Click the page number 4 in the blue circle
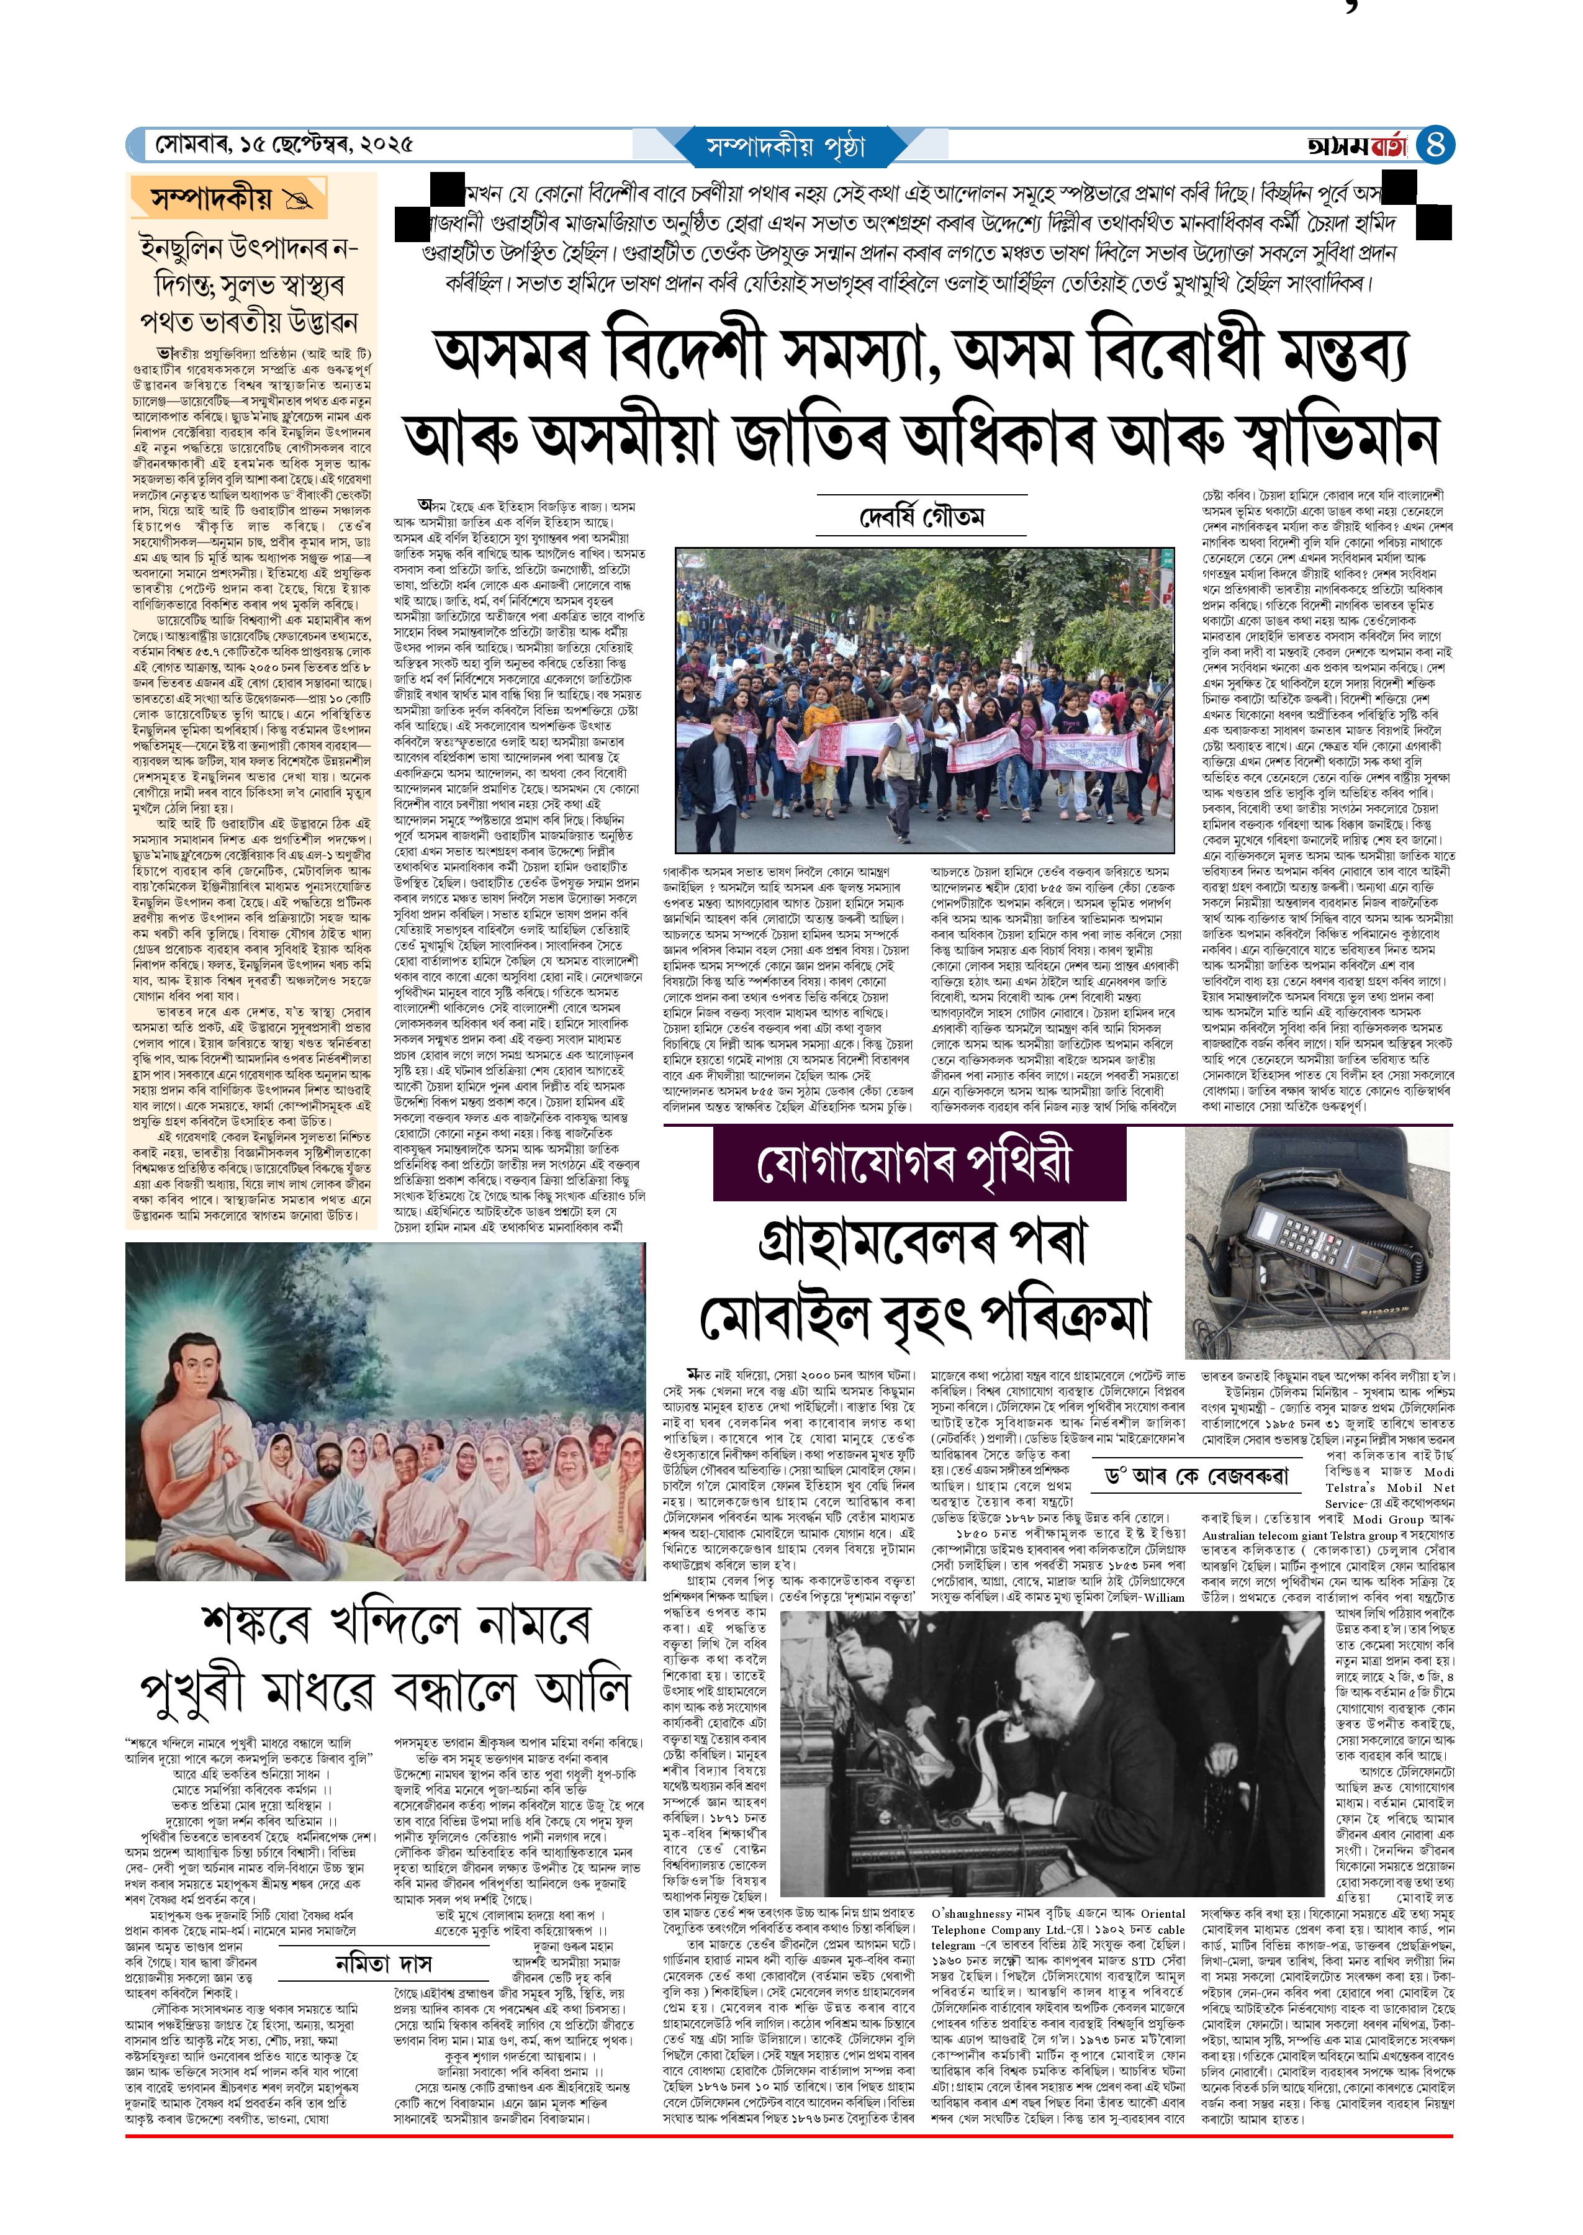coord(1434,146)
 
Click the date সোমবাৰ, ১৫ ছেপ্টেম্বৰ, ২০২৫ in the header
coord(284,145)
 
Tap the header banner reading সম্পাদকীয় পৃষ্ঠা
coord(786,147)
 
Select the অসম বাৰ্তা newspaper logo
coord(1358,146)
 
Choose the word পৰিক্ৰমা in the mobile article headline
coord(1065,1319)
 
